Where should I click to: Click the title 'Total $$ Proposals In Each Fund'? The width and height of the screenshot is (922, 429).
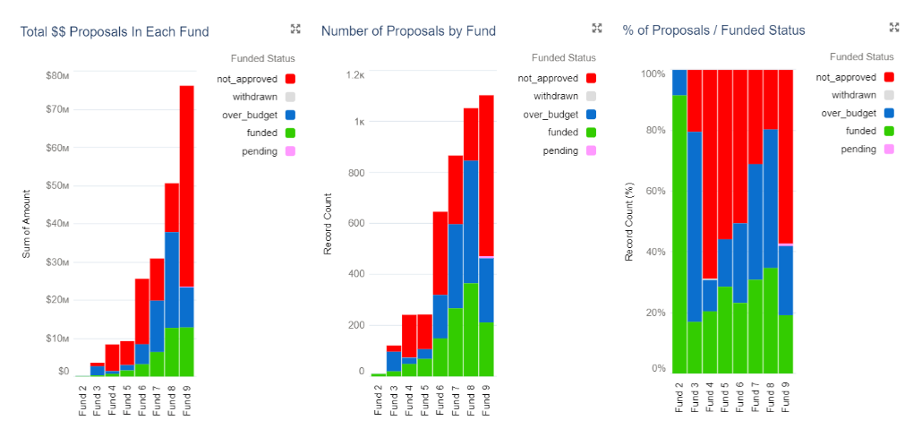(115, 31)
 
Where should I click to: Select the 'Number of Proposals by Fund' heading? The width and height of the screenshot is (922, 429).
(409, 31)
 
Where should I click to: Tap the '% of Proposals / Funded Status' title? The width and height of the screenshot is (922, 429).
(713, 30)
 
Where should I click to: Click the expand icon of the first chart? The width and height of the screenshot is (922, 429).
(295, 29)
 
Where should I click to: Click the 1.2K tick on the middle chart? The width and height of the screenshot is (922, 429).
(354, 74)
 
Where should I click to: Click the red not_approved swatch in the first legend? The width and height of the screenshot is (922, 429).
(289, 78)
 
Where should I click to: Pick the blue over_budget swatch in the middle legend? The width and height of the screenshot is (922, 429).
(591, 114)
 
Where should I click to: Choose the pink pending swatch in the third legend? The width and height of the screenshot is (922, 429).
(888, 149)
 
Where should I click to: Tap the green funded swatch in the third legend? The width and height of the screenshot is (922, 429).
(888, 132)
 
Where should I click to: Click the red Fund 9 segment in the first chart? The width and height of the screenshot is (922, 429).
(187, 186)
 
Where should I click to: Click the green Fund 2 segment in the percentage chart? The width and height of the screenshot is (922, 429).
(679, 234)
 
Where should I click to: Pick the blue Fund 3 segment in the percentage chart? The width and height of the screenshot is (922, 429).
(695, 227)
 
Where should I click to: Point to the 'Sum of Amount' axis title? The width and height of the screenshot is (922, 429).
(27, 224)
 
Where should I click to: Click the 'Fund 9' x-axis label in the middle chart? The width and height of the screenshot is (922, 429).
(486, 400)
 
